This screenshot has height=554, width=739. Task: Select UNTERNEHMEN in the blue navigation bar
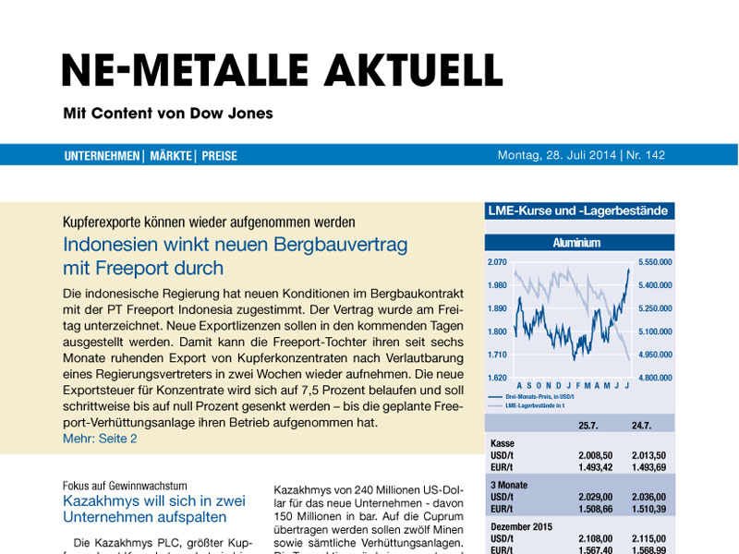[102, 156]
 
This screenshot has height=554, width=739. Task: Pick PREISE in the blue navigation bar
[220, 156]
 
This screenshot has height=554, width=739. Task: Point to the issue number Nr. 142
[646, 155]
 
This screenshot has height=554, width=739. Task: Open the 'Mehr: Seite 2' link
[101, 439]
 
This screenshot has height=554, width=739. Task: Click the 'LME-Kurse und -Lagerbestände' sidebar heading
[577, 211]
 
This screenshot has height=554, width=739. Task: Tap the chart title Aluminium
[577, 244]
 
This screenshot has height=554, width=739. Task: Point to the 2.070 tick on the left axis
[499, 262]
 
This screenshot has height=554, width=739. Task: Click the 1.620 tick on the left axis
[499, 378]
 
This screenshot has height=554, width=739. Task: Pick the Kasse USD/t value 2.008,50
[595, 455]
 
